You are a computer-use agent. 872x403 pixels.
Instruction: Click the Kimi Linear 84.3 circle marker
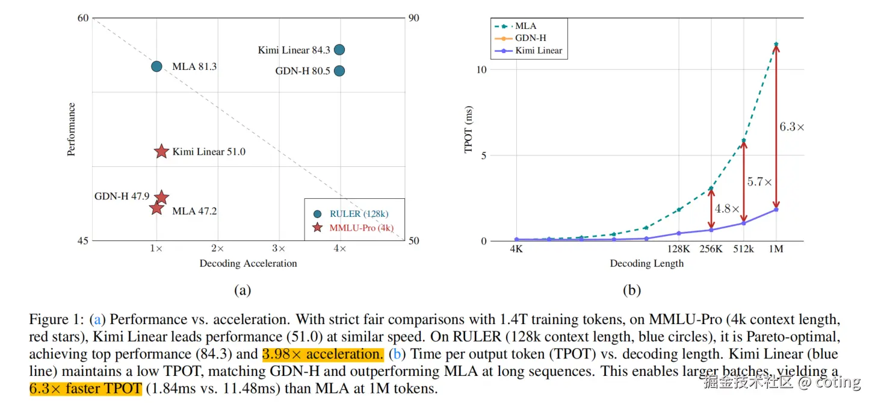coord(339,50)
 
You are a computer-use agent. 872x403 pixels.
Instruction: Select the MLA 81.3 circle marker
coord(156,66)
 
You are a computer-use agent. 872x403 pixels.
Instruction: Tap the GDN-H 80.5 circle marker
coord(339,71)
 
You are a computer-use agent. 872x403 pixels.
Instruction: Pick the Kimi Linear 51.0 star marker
coord(161,152)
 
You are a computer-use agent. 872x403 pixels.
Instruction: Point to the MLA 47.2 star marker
coord(156,208)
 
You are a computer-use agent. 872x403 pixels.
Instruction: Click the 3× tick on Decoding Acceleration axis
coord(279,248)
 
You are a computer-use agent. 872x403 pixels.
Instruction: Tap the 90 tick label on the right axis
coord(414,18)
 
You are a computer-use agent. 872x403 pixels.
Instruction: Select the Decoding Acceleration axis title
coord(248,263)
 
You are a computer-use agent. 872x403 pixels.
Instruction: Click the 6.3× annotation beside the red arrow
coord(792,127)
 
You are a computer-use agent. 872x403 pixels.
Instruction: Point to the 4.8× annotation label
coord(727,209)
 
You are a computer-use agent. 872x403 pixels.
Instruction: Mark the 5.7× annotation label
coord(759,181)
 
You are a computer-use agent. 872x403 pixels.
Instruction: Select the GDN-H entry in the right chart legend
coord(530,38)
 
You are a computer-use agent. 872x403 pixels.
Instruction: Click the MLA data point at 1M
coord(776,44)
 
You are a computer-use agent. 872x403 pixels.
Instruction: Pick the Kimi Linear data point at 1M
coord(776,209)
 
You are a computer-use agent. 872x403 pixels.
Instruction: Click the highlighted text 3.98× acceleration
coord(322,354)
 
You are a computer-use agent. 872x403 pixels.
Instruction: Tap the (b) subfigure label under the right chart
coord(631,290)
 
